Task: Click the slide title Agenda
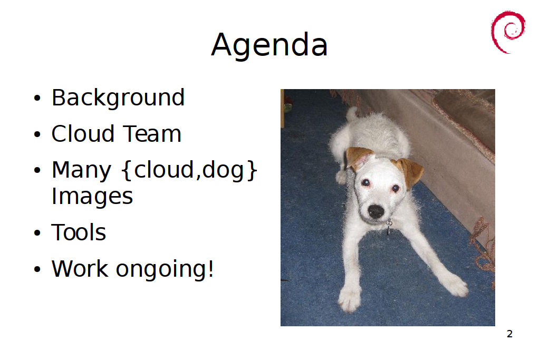[x=269, y=45]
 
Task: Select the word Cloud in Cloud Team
[x=83, y=133]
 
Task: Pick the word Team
[x=152, y=134]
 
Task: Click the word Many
[x=82, y=170]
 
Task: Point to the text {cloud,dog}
[x=189, y=170]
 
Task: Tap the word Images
[x=92, y=197]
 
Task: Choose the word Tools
[x=79, y=232]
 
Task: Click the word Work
[x=80, y=268]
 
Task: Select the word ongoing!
[x=165, y=270]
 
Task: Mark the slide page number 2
[x=510, y=334]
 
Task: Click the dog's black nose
[x=375, y=211]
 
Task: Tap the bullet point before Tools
[x=37, y=233]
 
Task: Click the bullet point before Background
[x=37, y=98]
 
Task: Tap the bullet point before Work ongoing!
[x=37, y=269]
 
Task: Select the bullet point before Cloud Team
[x=37, y=134]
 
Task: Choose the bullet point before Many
[x=37, y=170]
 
